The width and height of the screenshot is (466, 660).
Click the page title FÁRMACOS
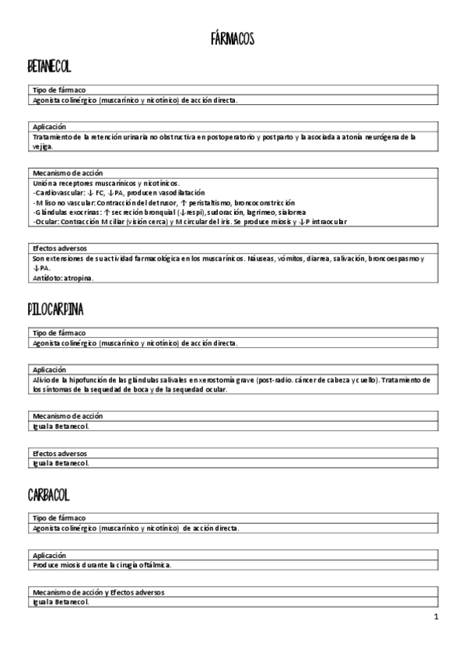click(x=233, y=38)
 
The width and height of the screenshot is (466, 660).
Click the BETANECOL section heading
click(x=49, y=68)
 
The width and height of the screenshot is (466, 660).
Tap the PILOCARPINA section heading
click(x=55, y=310)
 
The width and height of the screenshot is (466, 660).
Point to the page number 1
click(x=436, y=617)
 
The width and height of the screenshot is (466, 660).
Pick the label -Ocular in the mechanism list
click(x=45, y=222)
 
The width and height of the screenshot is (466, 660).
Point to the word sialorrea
click(x=289, y=212)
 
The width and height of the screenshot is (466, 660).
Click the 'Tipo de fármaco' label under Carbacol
click(x=59, y=518)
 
